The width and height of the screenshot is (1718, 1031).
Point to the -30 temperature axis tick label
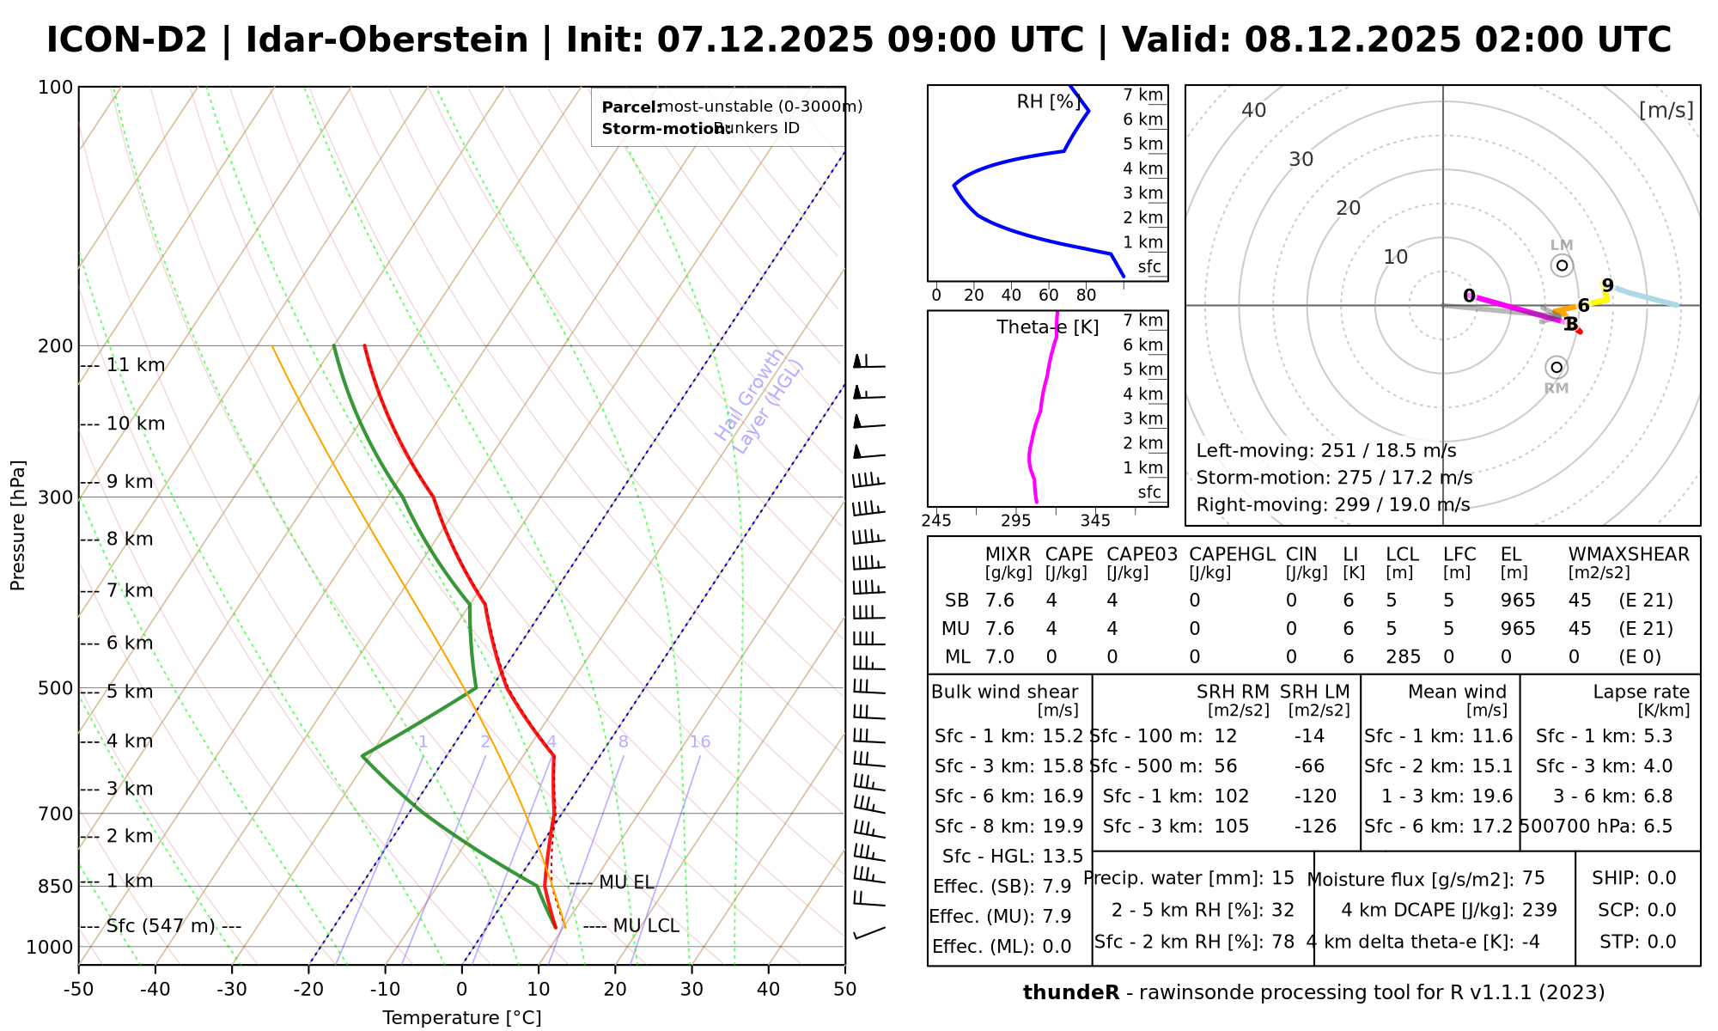[x=232, y=990]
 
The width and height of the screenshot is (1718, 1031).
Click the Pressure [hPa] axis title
[x=18, y=525]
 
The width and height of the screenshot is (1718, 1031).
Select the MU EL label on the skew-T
[x=626, y=883]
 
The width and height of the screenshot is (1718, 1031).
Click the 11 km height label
[x=136, y=365]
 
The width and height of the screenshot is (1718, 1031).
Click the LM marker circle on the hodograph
[x=1562, y=265]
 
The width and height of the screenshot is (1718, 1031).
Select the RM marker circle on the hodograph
[x=1556, y=368]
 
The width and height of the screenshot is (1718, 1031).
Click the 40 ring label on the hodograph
[x=1254, y=110]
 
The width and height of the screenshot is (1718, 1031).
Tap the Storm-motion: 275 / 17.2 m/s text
[x=1334, y=478]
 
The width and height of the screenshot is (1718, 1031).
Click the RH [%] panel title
[x=1049, y=102]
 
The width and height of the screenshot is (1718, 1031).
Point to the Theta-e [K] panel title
[x=1047, y=327]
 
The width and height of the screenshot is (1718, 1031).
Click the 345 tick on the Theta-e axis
[x=1095, y=521]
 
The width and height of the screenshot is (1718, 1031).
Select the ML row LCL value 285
[x=1403, y=657]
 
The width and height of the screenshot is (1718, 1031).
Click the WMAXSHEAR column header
[x=1629, y=555]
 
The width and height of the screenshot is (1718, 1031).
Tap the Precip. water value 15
[x=1282, y=878]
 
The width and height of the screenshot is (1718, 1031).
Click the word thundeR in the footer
[x=1070, y=993]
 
